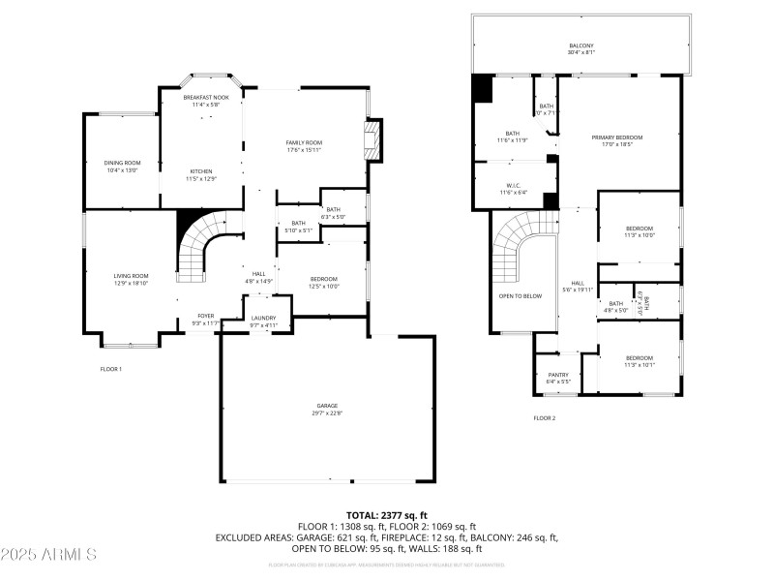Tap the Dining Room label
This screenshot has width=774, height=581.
(x=122, y=166)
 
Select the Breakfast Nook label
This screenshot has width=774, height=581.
(x=206, y=101)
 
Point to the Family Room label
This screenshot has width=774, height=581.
(x=303, y=146)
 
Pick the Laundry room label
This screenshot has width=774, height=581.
(x=263, y=321)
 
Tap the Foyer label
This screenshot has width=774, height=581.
(x=206, y=319)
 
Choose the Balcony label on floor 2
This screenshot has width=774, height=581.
(x=581, y=49)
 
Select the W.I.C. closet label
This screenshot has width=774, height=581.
(x=513, y=188)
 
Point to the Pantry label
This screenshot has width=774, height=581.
(x=558, y=378)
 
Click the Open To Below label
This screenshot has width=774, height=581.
(x=520, y=295)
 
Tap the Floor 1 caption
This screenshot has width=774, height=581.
(x=111, y=369)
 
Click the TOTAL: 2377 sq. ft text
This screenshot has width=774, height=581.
(x=387, y=515)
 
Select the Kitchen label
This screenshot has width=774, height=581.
(x=201, y=174)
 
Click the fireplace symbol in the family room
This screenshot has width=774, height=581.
(x=373, y=140)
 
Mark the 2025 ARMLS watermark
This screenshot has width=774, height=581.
(x=48, y=555)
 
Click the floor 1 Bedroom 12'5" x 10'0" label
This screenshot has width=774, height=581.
(x=323, y=282)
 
